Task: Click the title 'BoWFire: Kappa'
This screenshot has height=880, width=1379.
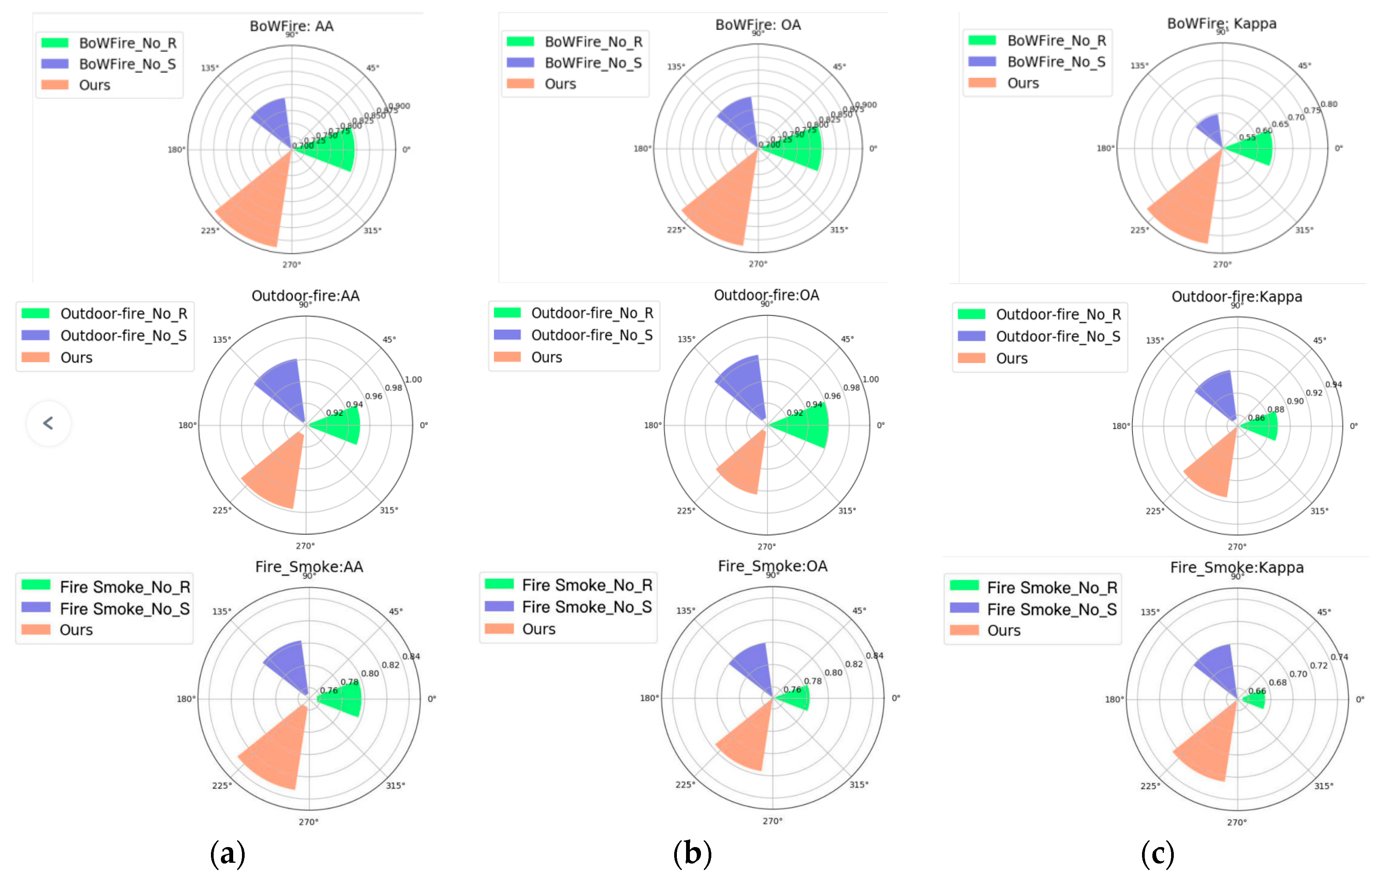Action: point(1222,23)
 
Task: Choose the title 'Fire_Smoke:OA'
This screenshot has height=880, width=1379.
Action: point(773,566)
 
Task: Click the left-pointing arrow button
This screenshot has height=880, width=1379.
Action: point(49,424)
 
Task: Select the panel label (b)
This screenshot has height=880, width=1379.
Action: point(692,853)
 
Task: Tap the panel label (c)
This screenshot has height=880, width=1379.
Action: point(1157,853)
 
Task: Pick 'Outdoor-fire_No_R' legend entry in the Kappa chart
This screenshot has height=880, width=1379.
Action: point(1058,314)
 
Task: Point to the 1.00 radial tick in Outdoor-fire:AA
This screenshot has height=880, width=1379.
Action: point(413,379)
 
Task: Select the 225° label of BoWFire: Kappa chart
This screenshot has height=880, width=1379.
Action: point(1139,230)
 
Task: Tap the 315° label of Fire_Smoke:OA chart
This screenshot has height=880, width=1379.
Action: point(858,784)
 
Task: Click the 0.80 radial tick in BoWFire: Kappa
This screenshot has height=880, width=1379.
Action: point(1328,104)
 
